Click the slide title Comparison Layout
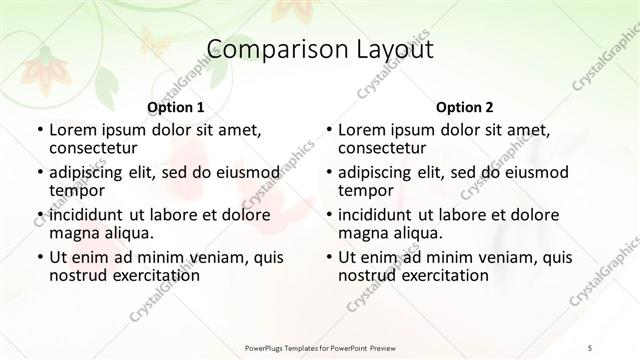[x=320, y=50]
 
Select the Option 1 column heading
[x=176, y=107]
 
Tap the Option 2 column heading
[x=464, y=107]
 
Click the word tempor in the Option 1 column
[x=77, y=191]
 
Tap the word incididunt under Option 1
[x=89, y=215]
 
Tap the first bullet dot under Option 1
[x=39, y=131]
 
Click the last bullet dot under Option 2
[x=328, y=257]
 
